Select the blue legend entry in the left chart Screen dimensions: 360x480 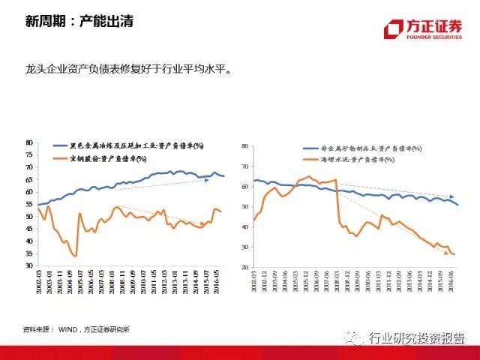[x=135, y=145]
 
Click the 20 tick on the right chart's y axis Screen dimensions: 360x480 [x=244, y=267]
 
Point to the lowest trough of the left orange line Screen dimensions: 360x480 [x=76, y=256]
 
